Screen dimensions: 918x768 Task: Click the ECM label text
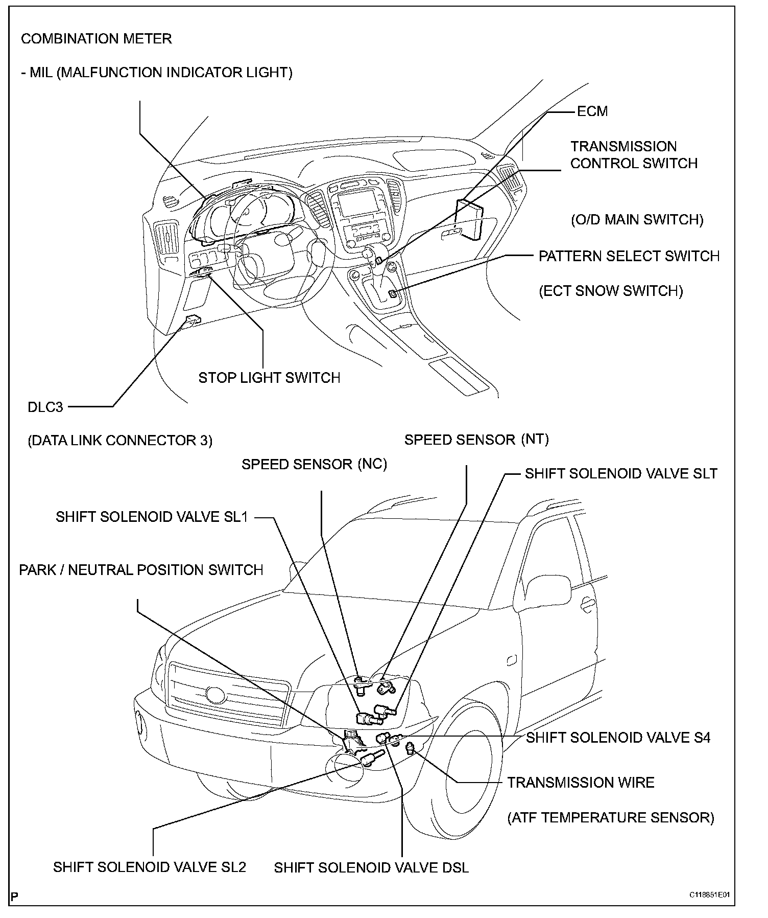[x=592, y=111]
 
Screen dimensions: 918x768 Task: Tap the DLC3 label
[x=45, y=407]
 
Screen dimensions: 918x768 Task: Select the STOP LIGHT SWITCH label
[x=269, y=378]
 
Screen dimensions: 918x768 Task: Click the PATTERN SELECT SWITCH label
[x=629, y=256]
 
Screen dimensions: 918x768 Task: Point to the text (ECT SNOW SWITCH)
[x=611, y=291]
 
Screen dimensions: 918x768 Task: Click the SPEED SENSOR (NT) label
[x=476, y=440]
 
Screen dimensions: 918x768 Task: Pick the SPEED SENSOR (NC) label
[x=314, y=464]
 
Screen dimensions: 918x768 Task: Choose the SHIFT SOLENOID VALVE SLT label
[x=621, y=473]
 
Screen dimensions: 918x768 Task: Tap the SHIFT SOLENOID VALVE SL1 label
[x=152, y=517]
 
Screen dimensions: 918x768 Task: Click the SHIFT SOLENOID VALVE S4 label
[x=618, y=738]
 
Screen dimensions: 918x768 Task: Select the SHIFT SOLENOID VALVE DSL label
[x=371, y=868]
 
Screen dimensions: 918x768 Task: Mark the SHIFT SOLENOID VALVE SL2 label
[x=150, y=867]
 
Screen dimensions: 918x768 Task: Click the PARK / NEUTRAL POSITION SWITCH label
[x=141, y=570]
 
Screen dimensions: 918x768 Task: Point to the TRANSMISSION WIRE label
[x=581, y=783]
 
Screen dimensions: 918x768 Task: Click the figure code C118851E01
[x=709, y=896]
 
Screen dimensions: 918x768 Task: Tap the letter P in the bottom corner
[x=14, y=897]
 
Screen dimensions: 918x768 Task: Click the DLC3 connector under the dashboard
[x=193, y=320]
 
